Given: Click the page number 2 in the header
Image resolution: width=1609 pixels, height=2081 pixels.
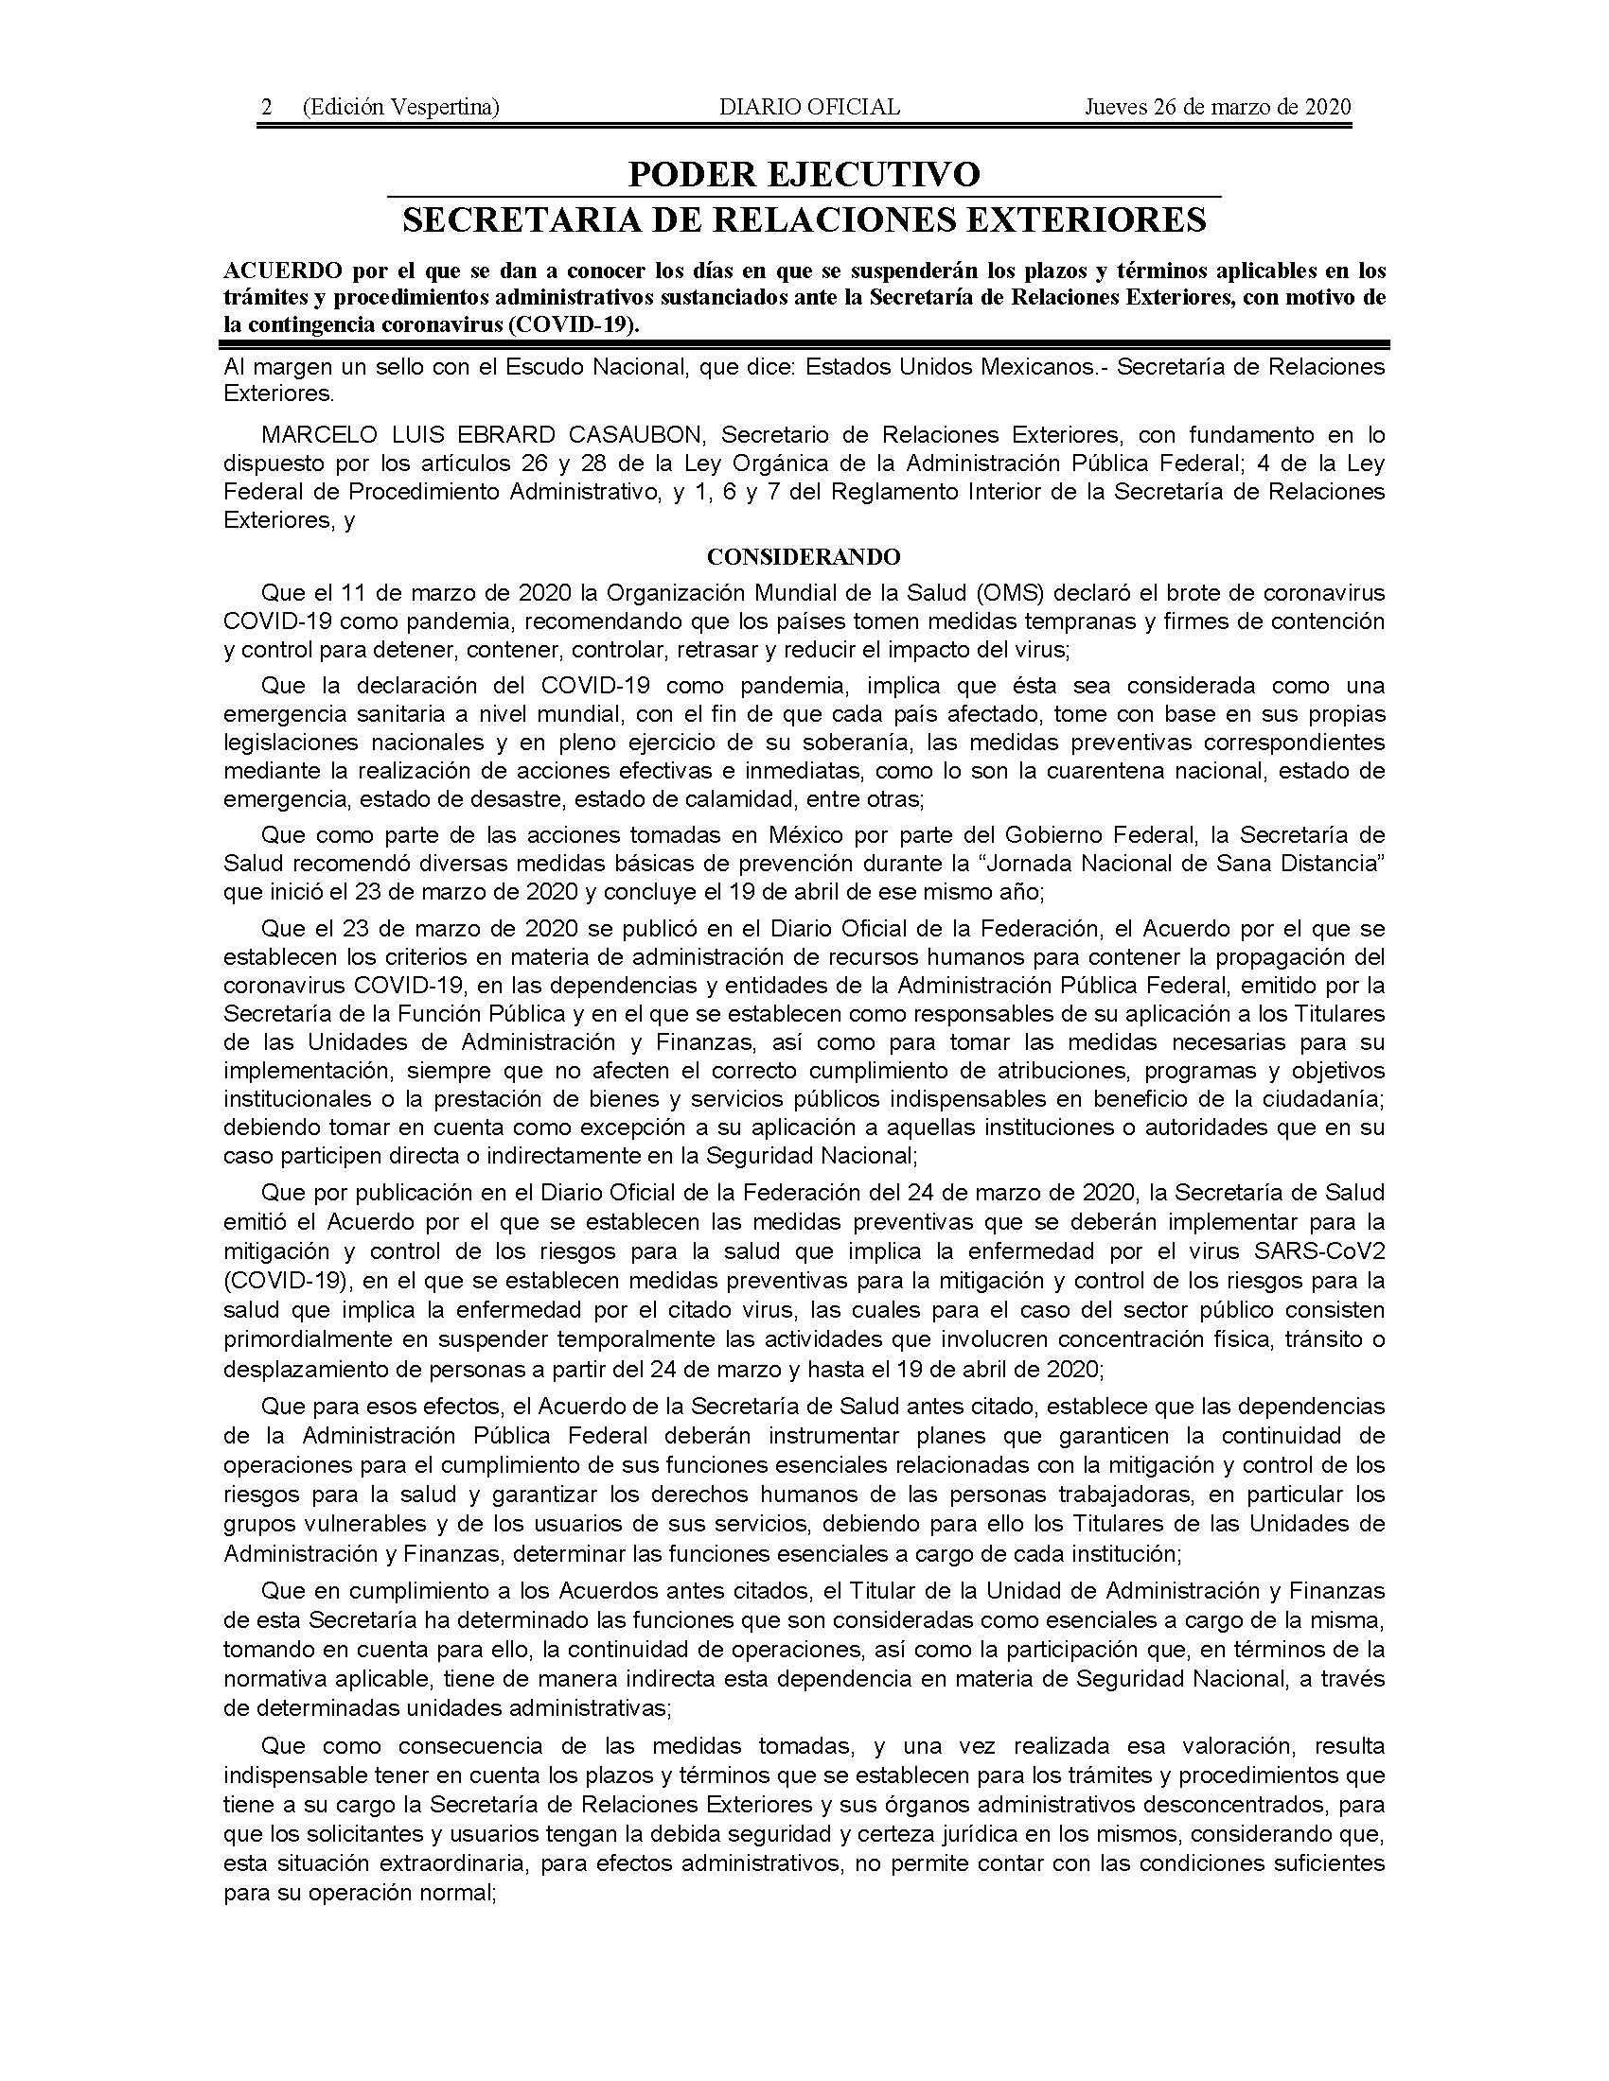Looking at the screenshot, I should pyautogui.click(x=267, y=107).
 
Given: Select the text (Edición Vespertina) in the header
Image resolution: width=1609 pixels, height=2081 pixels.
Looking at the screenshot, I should pyautogui.click(x=400, y=107).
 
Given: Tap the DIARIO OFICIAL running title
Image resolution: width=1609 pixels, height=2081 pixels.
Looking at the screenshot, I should pyautogui.click(x=809, y=107).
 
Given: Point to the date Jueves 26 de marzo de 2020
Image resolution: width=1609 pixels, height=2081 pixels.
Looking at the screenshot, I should pyautogui.click(x=1217, y=107).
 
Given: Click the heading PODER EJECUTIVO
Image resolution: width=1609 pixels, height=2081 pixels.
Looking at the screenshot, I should pyautogui.click(x=804, y=174).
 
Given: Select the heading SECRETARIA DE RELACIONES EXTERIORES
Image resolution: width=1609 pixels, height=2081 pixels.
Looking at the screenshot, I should pyautogui.click(x=804, y=219).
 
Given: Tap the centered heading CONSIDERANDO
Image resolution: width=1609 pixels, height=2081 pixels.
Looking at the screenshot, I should pyautogui.click(x=804, y=555).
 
